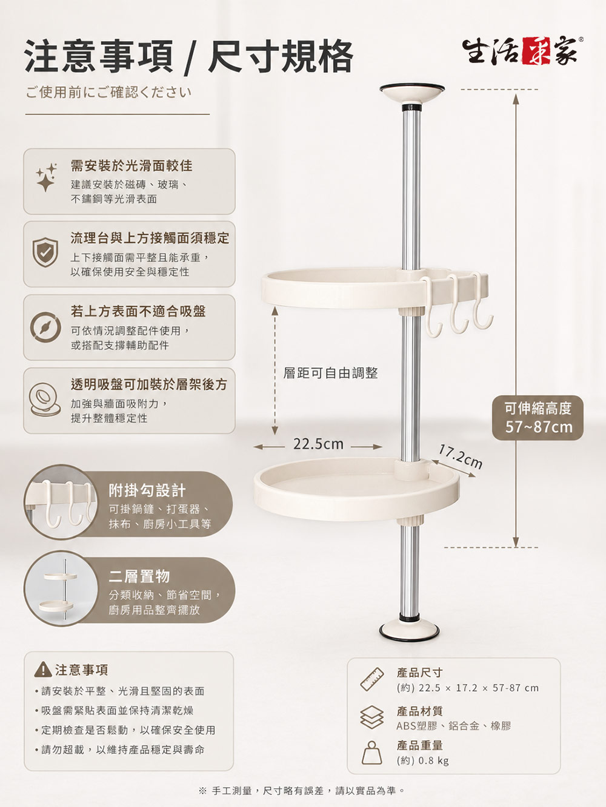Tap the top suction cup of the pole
411,93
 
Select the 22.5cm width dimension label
318,444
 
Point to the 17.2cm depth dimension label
461,457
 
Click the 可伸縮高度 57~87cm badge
538,418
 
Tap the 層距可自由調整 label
330,373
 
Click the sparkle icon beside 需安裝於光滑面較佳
47,177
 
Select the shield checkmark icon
45,252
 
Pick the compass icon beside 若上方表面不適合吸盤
45,327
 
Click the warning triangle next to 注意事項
42,670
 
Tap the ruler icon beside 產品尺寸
372,679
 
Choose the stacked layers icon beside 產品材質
372,717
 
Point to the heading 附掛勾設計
147,490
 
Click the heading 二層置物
139,576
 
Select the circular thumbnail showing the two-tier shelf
61,588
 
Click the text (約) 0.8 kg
423,760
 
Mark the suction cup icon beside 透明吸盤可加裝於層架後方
45,400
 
